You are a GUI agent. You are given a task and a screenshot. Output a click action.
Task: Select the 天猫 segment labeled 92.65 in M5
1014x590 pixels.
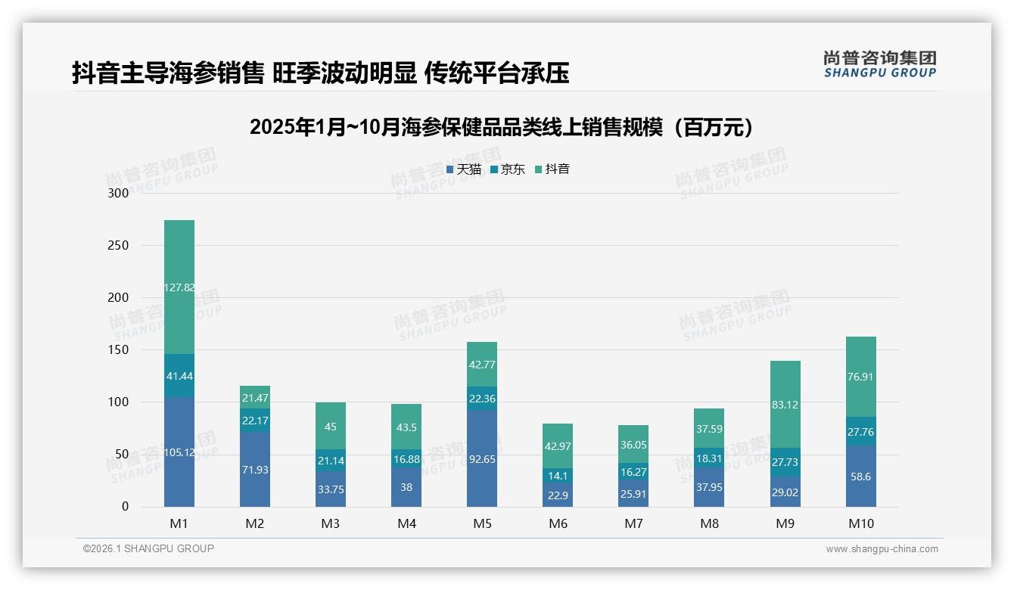point(482,458)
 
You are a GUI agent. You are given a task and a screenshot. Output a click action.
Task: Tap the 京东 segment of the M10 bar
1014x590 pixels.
point(860,431)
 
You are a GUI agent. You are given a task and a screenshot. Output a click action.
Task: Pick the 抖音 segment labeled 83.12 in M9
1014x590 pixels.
point(785,405)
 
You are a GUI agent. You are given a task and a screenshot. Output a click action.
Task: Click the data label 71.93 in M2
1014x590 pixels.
point(255,470)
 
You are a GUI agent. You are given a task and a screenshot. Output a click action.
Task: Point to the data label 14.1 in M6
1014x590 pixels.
point(558,476)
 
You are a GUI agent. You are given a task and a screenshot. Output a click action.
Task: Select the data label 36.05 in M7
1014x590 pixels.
point(633,446)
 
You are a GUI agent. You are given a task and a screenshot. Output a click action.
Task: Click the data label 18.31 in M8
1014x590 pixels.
point(709,458)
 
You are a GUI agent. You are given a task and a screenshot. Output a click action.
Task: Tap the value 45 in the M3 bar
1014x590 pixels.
point(331,427)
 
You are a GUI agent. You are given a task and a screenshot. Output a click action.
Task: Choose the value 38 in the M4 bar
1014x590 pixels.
point(406,487)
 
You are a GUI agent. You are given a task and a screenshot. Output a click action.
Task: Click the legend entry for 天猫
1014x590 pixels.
point(464,169)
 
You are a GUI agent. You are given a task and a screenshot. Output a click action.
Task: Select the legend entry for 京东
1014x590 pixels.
point(508,169)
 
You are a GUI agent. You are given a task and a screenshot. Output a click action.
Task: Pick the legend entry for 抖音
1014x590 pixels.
point(552,169)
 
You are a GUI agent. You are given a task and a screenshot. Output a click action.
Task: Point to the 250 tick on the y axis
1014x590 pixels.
point(119,245)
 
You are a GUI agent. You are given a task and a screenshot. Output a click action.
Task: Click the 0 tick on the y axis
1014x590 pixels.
point(126,507)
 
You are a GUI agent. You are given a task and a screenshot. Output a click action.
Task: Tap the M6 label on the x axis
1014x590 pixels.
point(558,524)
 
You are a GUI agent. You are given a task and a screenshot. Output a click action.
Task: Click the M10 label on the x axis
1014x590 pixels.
point(860,524)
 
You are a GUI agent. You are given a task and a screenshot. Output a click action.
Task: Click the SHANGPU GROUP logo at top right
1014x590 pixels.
point(880,64)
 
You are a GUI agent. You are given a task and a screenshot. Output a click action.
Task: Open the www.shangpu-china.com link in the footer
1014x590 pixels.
point(882,549)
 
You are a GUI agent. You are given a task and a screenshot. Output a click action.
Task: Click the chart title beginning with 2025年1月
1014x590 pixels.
point(502,127)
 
